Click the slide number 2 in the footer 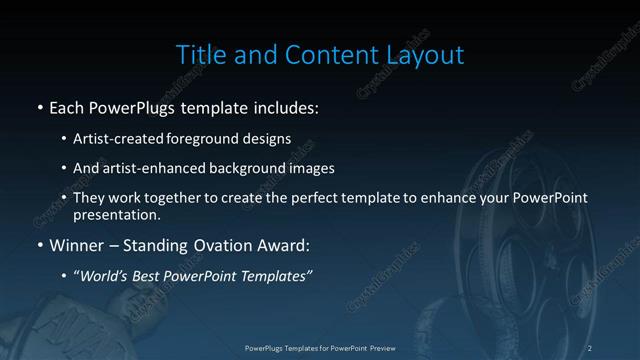click(590, 347)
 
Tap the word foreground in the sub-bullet click(218, 139)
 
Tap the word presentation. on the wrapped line click(116, 215)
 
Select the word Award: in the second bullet click(279, 245)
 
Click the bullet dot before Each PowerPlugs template click(39, 106)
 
